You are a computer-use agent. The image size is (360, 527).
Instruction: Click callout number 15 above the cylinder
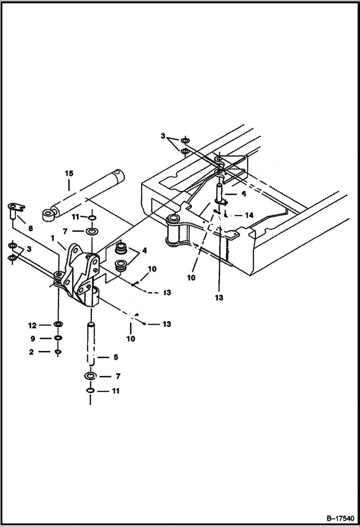69,173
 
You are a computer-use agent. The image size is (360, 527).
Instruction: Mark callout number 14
248,216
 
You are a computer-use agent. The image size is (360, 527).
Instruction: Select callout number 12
32,325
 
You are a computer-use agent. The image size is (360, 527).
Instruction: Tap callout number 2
32,352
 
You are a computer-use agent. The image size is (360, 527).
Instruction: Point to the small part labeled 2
58,352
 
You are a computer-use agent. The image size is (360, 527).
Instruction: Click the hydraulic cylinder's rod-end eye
48,214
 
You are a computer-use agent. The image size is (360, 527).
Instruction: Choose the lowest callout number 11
115,392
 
